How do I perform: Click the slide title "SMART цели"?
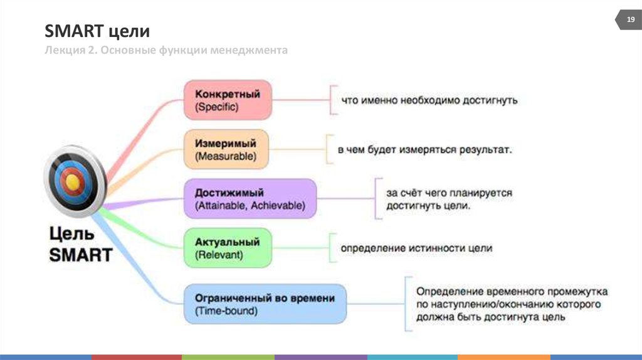[97, 31]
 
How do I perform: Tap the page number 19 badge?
[629, 19]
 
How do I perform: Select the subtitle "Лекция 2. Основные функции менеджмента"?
[166, 50]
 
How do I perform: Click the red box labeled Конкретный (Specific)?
[228, 100]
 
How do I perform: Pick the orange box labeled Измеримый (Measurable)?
[226, 149]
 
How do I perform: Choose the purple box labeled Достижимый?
[250, 199]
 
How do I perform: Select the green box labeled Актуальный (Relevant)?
[228, 248]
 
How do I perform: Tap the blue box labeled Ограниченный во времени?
[265, 304]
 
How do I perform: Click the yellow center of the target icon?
[73, 183]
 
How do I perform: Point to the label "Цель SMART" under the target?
[81, 244]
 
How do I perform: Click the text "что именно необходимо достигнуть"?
[429, 100]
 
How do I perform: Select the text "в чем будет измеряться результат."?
[424, 149]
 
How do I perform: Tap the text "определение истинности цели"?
[416, 248]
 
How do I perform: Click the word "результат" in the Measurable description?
[483, 150]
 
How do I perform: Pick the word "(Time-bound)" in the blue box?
[226, 311]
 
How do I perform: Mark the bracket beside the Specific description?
[332, 100]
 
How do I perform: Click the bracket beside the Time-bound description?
[406, 304]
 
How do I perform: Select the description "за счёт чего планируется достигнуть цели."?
[449, 199]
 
